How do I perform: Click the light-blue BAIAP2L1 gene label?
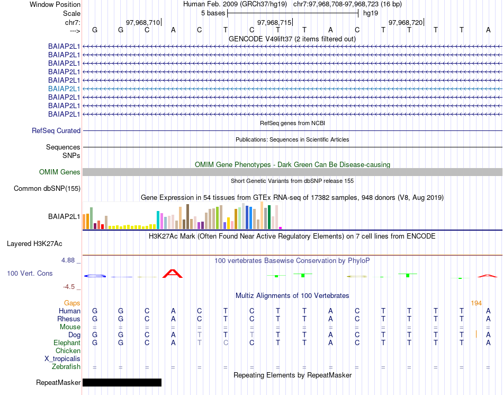[x=64, y=89]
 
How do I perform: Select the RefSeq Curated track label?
[x=56, y=131]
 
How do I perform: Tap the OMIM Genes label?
[x=60, y=172]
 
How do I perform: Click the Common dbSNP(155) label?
[x=47, y=189]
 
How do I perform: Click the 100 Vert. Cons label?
[x=30, y=274]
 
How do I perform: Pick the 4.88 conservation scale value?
[x=68, y=260]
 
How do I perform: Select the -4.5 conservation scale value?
[x=69, y=287]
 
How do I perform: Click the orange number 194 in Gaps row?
[x=476, y=303]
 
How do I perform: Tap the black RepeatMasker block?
[x=122, y=382]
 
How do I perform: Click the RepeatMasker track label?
[x=58, y=382]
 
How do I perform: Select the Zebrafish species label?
[x=66, y=367]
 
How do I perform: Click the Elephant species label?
[x=67, y=343]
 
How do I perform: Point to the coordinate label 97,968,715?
[x=274, y=22]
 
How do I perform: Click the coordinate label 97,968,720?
[x=406, y=22]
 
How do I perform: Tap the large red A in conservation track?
[x=173, y=274]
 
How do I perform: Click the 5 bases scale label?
[x=213, y=13]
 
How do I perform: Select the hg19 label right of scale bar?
[x=370, y=13]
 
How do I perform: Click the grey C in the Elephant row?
[x=226, y=343]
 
